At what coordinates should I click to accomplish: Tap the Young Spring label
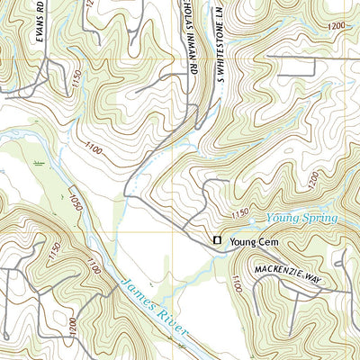301,218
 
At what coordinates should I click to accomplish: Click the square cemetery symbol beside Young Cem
216,240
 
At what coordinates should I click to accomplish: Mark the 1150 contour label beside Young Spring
240,213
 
